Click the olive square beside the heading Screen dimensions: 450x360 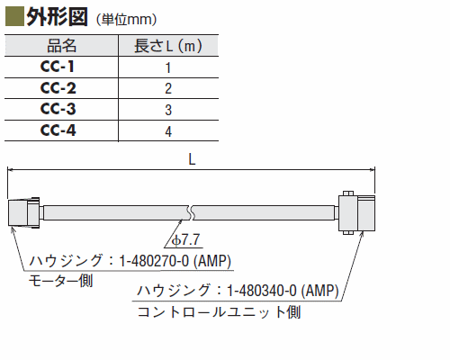pyautogui.click(x=14, y=17)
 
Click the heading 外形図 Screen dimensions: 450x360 pyautogui.click(x=57, y=17)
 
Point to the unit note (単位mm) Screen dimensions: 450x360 pyautogui.click(x=126, y=20)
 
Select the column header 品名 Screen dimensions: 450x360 pyautogui.click(x=61, y=46)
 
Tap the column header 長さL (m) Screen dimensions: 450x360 pyautogui.click(x=168, y=46)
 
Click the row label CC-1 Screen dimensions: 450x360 pyautogui.click(x=58, y=67)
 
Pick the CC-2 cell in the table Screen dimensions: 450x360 pyautogui.click(x=58, y=88)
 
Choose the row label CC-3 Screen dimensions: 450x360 pyautogui.click(x=58, y=109)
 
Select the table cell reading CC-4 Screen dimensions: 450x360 pyautogui.click(x=58, y=130)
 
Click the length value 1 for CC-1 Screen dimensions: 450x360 pyautogui.click(x=168, y=67)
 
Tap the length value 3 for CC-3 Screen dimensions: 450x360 pyautogui.click(x=168, y=110)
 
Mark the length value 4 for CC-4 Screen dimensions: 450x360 pyautogui.click(x=168, y=131)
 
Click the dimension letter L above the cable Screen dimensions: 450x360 pyautogui.click(x=192, y=159)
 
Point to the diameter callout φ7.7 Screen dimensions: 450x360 pyautogui.click(x=186, y=240)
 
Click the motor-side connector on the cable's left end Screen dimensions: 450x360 pyautogui.click(x=24, y=212)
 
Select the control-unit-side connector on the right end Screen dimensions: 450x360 pyautogui.click(x=356, y=212)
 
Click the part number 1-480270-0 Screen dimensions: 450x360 pyautogui.click(x=154, y=261)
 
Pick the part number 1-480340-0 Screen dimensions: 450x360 pyautogui.click(x=262, y=291)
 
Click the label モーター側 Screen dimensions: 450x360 pyautogui.click(x=60, y=281)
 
